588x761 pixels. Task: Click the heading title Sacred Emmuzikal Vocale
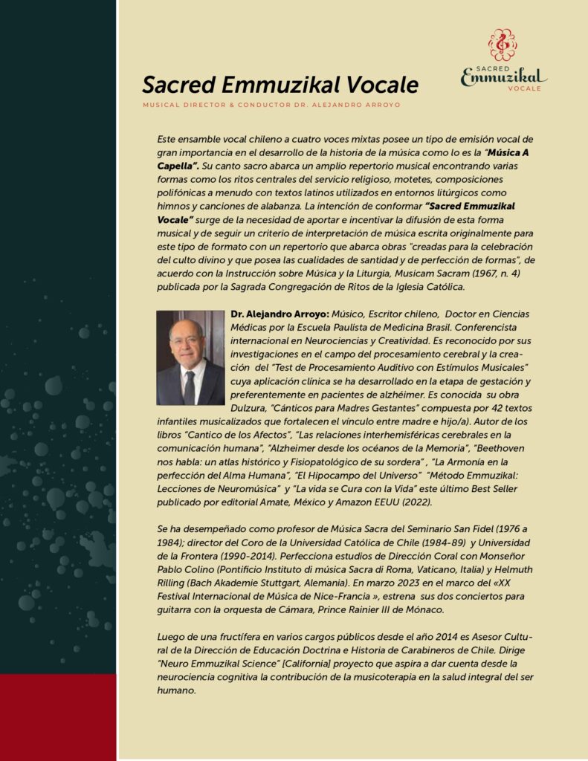pyautogui.click(x=280, y=84)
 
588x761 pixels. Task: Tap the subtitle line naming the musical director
pyautogui.click(x=271, y=105)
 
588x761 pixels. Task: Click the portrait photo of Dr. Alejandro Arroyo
pyautogui.click(x=190, y=357)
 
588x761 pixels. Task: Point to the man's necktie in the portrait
pyautogui.click(x=189, y=385)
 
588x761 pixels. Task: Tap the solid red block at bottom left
pyautogui.click(x=58, y=717)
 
